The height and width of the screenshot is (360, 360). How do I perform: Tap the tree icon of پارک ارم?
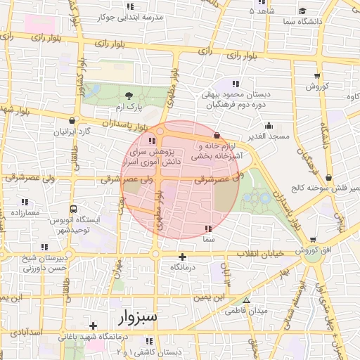129,96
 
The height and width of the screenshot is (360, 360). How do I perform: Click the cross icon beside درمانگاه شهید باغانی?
93,326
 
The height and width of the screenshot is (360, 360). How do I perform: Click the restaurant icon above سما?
207,229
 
